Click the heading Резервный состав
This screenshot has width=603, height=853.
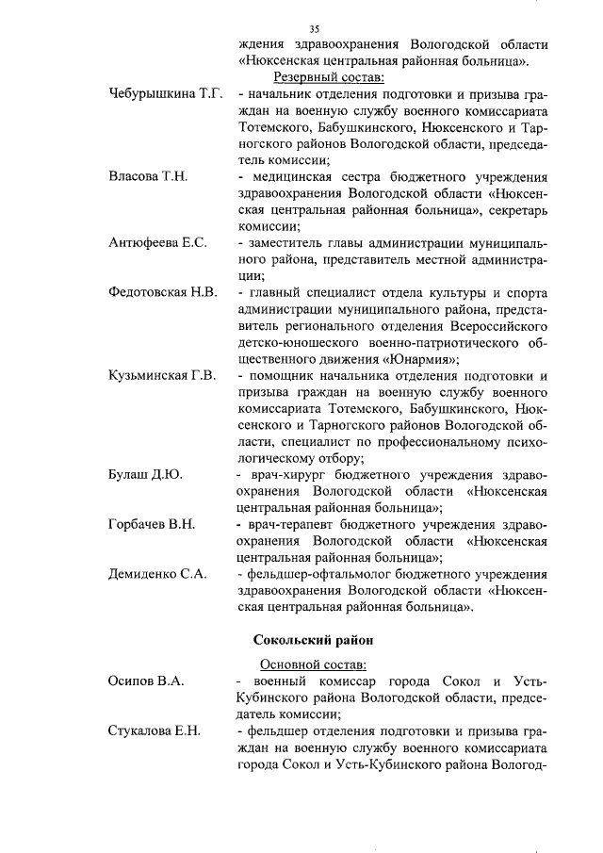click(328, 77)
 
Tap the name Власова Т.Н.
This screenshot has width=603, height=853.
click(149, 176)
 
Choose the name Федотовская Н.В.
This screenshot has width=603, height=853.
click(163, 292)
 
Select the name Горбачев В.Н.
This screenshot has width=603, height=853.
click(152, 524)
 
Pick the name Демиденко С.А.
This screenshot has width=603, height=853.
click(157, 574)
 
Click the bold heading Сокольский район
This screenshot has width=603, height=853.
click(315, 640)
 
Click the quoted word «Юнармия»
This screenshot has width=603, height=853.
click(420, 359)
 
